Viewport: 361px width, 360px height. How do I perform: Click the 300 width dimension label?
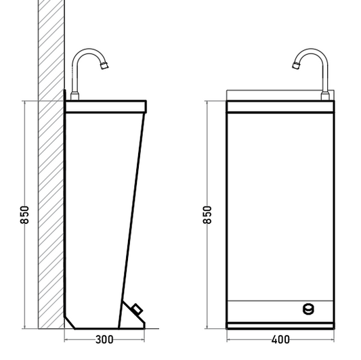[104, 340]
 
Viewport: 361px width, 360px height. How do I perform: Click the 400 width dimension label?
[280, 340]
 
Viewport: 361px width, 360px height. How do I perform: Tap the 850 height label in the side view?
[24, 215]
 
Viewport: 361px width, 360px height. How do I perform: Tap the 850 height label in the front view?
[207, 215]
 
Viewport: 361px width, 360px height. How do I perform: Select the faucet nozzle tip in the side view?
[104, 66]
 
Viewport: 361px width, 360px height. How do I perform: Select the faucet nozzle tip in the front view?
[296, 66]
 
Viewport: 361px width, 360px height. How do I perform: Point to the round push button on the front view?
[308, 309]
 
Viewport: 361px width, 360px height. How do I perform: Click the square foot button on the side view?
[137, 309]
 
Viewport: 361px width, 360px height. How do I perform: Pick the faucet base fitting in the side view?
[75, 96]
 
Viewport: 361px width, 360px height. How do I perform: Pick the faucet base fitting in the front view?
[325, 96]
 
